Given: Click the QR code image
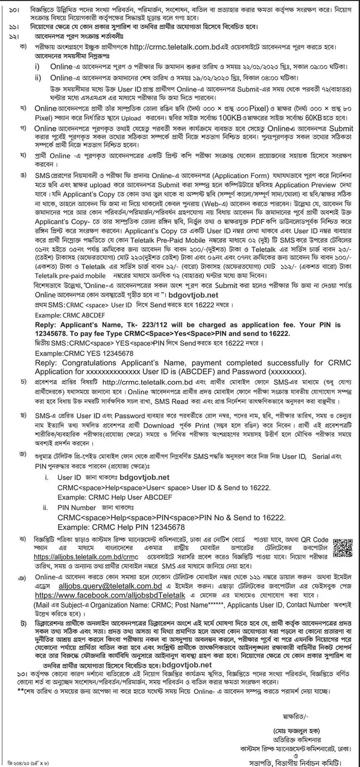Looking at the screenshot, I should pos(342,547).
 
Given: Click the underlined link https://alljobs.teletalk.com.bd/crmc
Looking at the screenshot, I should pos(86,556).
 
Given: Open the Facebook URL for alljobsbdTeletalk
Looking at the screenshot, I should pos(110,595).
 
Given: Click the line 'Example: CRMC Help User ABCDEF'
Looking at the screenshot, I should pos(115,497).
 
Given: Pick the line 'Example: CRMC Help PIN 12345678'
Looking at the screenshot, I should pos(121,527).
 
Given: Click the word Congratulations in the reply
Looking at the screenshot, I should pos(89,363).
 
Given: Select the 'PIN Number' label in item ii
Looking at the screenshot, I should pos(77,507).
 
